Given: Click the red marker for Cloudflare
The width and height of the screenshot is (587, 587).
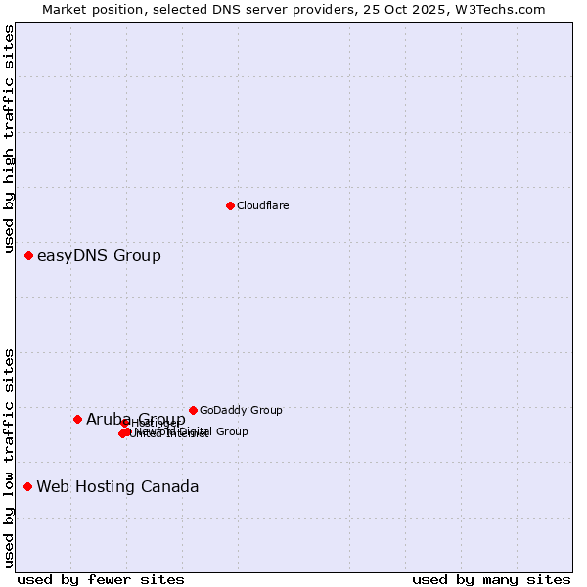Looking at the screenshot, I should pyautogui.click(x=230, y=205).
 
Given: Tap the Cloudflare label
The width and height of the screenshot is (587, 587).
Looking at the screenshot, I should pyautogui.click(x=262, y=205).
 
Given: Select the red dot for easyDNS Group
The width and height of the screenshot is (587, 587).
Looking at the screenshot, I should pyautogui.click(x=28, y=255).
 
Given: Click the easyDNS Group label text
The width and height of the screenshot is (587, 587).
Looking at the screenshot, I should pyautogui.click(x=99, y=256).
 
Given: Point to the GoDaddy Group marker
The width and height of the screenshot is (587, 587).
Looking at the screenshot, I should pyautogui.click(x=193, y=410).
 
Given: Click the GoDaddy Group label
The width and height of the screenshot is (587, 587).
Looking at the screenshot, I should pyautogui.click(x=241, y=410).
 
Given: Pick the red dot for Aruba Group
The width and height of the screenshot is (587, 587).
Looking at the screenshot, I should pyautogui.click(x=77, y=419).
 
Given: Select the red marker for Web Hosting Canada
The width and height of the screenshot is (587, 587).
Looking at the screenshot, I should pyautogui.click(x=27, y=486).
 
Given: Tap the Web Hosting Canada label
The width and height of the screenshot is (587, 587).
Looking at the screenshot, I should pyautogui.click(x=117, y=487).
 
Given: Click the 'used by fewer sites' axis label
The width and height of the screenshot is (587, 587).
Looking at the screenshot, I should pyautogui.click(x=101, y=579).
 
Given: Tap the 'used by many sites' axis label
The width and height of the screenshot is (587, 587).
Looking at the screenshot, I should pyautogui.click(x=491, y=579).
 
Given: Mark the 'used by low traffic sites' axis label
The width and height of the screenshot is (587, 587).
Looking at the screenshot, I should pyautogui.click(x=10, y=457).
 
